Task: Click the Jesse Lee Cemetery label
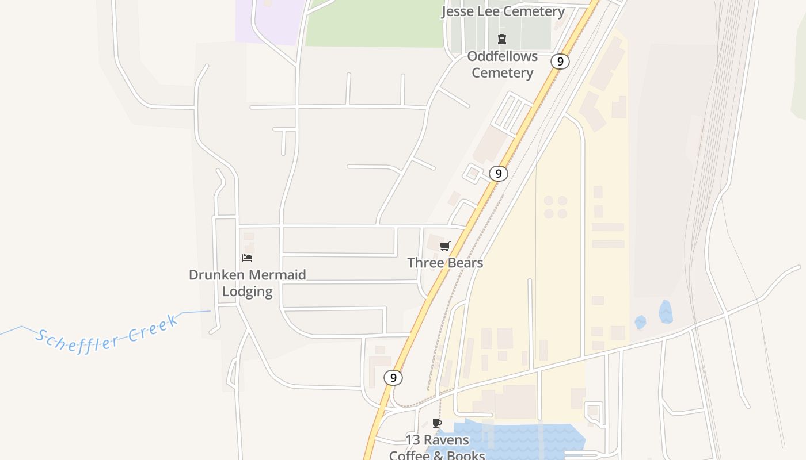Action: pos(503,11)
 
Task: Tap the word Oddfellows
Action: pos(502,56)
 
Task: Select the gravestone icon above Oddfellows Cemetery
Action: pos(502,39)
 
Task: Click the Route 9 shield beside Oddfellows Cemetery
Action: pos(560,62)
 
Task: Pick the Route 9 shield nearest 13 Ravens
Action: pos(393,378)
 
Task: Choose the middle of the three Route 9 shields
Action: pos(499,173)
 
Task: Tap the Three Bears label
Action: pos(445,263)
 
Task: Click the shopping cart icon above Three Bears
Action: pos(444,247)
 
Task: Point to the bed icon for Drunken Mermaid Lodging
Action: pos(247,258)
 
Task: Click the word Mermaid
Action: pos(278,275)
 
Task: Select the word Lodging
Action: pos(248,292)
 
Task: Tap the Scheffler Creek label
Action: pos(107,335)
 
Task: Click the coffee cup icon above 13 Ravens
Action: pos(437,424)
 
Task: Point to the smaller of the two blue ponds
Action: pos(640,322)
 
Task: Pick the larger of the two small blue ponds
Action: pos(666,312)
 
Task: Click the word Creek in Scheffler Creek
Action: pos(153,328)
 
